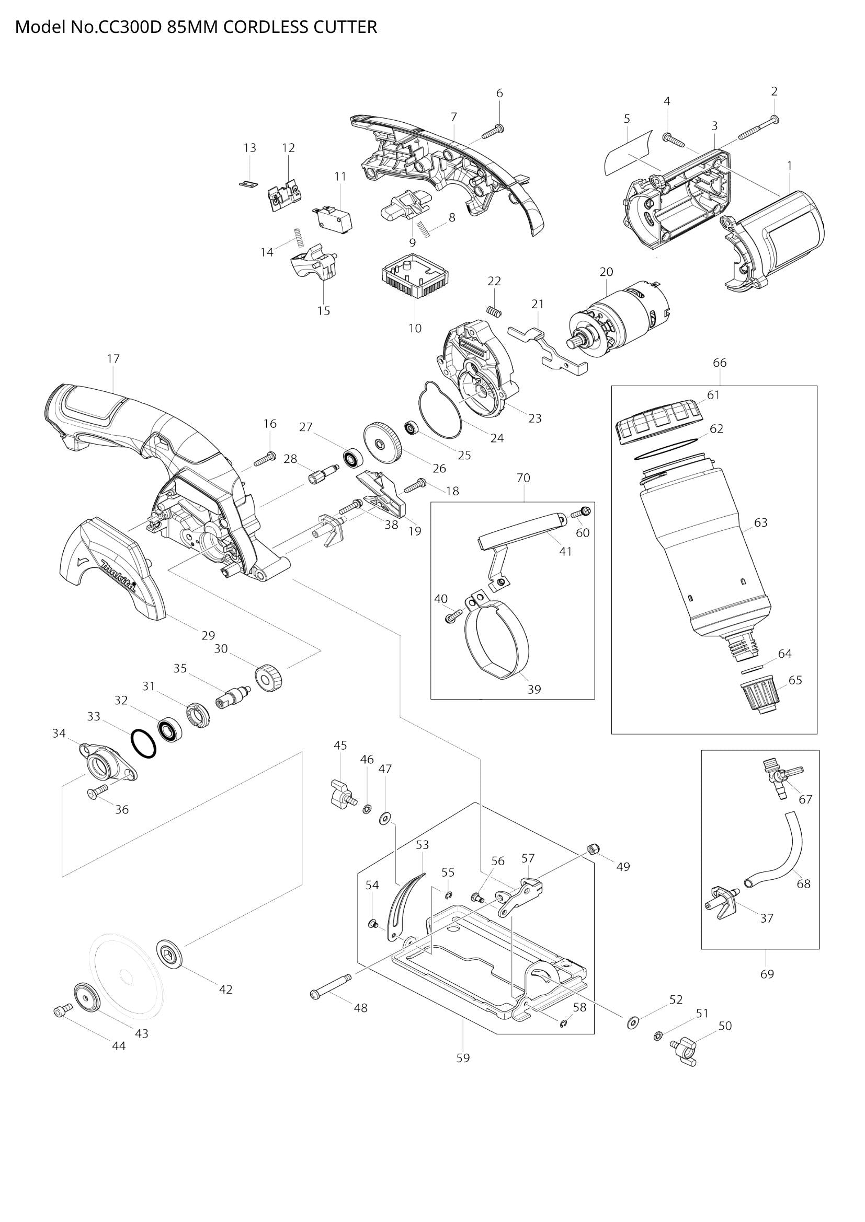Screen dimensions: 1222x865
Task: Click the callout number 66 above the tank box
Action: (x=719, y=363)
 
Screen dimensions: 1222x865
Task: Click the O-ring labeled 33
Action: (x=143, y=743)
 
